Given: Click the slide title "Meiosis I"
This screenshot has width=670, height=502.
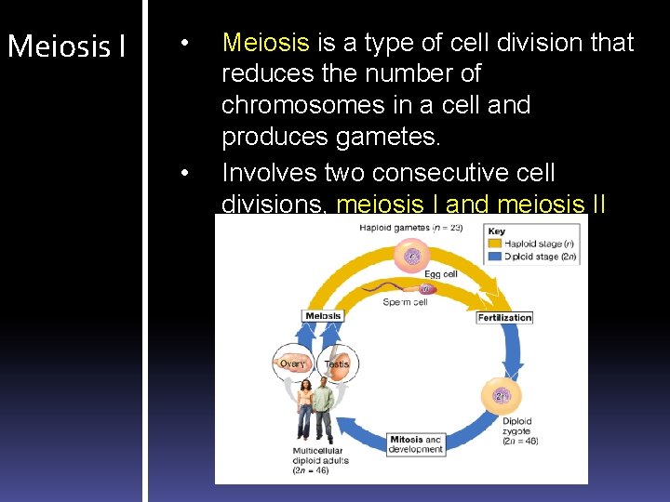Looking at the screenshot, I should pyautogui.click(x=66, y=46).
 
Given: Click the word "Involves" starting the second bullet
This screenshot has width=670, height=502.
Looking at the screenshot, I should pyautogui.click(x=269, y=173).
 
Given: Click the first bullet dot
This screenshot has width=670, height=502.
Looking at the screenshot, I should pyautogui.click(x=186, y=44).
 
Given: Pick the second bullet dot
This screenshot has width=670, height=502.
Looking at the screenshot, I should pyautogui.click(x=186, y=174).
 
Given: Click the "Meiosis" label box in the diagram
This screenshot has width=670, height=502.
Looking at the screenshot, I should pyautogui.click(x=322, y=315).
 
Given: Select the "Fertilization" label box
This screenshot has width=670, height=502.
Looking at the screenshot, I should pyautogui.click(x=504, y=317).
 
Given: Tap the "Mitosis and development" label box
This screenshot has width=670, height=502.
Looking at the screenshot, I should pyautogui.click(x=416, y=444).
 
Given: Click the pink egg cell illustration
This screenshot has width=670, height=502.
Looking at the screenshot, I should pyautogui.click(x=410, y=255).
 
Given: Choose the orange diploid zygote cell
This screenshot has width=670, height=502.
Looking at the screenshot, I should pyautogui.click(x=501, y=396).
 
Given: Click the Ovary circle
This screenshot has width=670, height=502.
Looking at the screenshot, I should pyautogui.click(x=292, y=363).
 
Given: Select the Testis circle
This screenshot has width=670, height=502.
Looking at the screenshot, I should pyautogui.click(x=336, y=363).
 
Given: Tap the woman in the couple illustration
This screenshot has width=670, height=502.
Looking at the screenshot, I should pyautogui.click(x=305, y=410).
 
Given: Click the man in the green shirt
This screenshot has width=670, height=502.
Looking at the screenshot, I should pyautogui.click(x=324, y=410).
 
